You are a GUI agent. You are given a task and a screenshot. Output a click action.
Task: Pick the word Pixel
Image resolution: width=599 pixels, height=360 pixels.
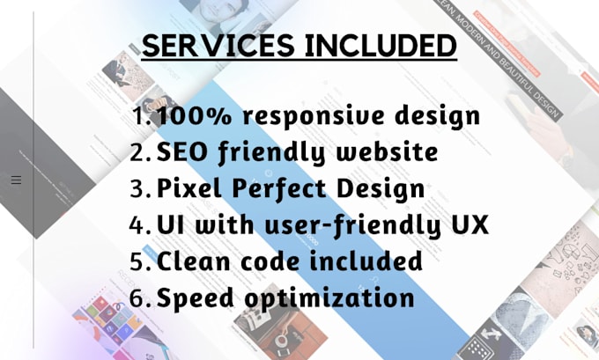(186, 188)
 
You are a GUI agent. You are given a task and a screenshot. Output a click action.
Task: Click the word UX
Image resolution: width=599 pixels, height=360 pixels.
(467, 225)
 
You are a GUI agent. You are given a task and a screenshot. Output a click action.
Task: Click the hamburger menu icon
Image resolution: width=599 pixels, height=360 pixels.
(16, 180)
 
